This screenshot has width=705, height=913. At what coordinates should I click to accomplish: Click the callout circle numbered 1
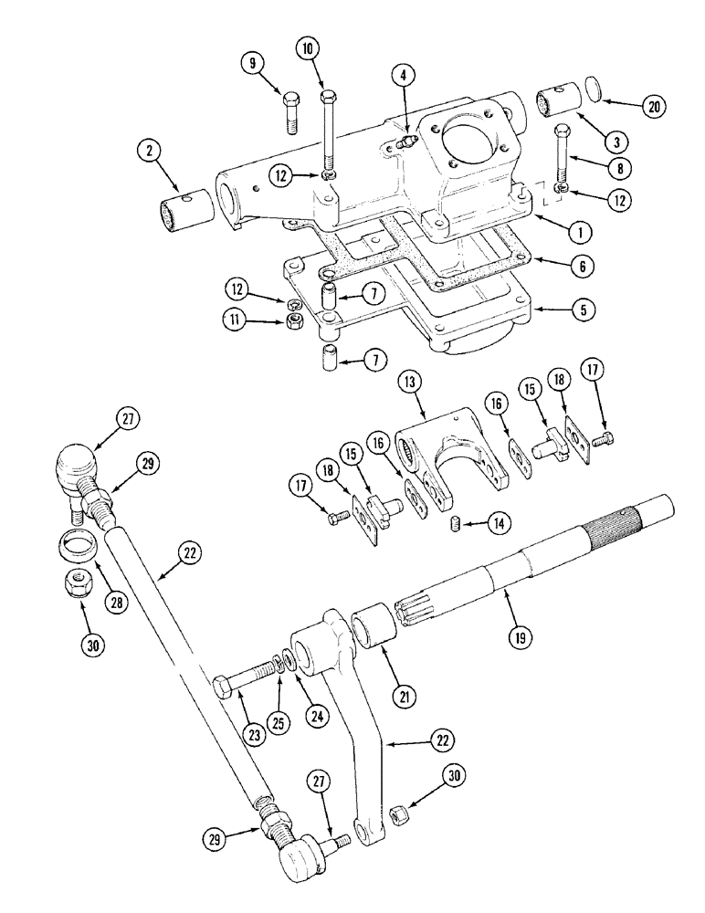tap(576, 232)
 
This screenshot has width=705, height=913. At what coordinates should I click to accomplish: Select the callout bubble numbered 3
tap(617, 141)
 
